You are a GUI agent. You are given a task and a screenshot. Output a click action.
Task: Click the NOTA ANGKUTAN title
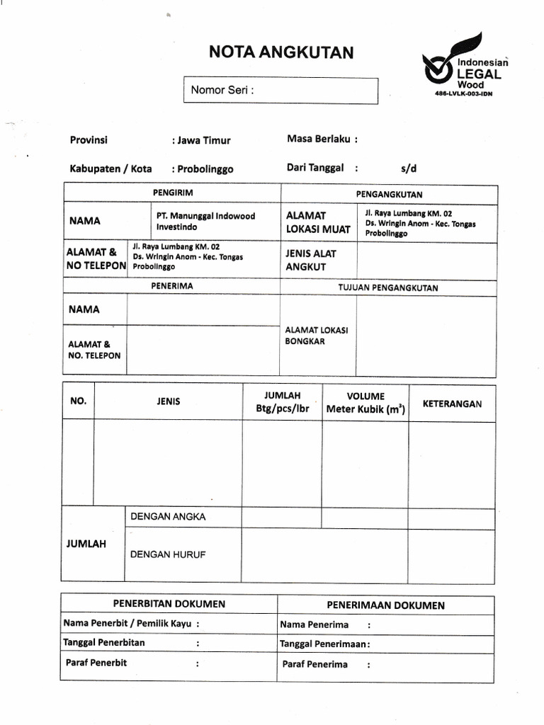(280, 52)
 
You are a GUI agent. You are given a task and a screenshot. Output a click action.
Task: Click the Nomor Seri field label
(222, 90)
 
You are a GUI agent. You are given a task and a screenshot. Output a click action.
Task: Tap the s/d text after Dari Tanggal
(409, 169)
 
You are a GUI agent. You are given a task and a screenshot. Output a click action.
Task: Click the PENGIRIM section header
(173, 193)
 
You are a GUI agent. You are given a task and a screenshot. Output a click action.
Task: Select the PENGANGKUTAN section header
(389, 194)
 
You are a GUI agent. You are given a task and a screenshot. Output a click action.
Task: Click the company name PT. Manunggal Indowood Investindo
(205, 221)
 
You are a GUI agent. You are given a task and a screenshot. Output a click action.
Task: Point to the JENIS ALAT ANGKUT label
(311, 260)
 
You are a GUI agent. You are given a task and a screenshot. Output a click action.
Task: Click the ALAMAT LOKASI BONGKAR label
(311, 335)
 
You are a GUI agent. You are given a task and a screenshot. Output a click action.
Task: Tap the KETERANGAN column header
(452, 404)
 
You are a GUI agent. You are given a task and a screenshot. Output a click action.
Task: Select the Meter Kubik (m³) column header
(365, 409)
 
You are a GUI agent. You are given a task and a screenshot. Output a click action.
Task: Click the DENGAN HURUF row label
(168, 554)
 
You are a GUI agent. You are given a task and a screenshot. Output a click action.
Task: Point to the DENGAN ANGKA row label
(168, 516)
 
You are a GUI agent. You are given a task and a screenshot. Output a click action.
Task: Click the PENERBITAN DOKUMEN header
(169, 604)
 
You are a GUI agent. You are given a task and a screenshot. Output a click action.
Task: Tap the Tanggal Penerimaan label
(324, 644)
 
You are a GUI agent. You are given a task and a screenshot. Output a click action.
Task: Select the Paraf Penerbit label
(96, 663)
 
